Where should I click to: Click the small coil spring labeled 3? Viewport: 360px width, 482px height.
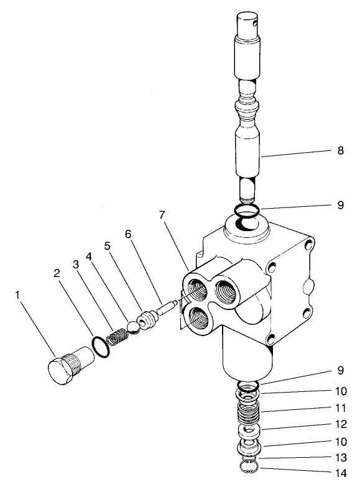point(116,338)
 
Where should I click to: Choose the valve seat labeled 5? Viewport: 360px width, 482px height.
point(147,319)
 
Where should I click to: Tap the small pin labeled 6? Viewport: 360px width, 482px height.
point(168,307)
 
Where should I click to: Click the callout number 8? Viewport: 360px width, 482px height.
point(339,150)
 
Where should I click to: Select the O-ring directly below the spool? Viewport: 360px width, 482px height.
point(248,211)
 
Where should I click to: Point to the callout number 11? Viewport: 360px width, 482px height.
point(339,409)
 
